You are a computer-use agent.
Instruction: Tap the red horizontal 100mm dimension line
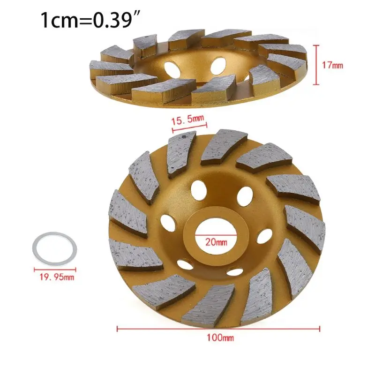(x=218, y=329)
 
